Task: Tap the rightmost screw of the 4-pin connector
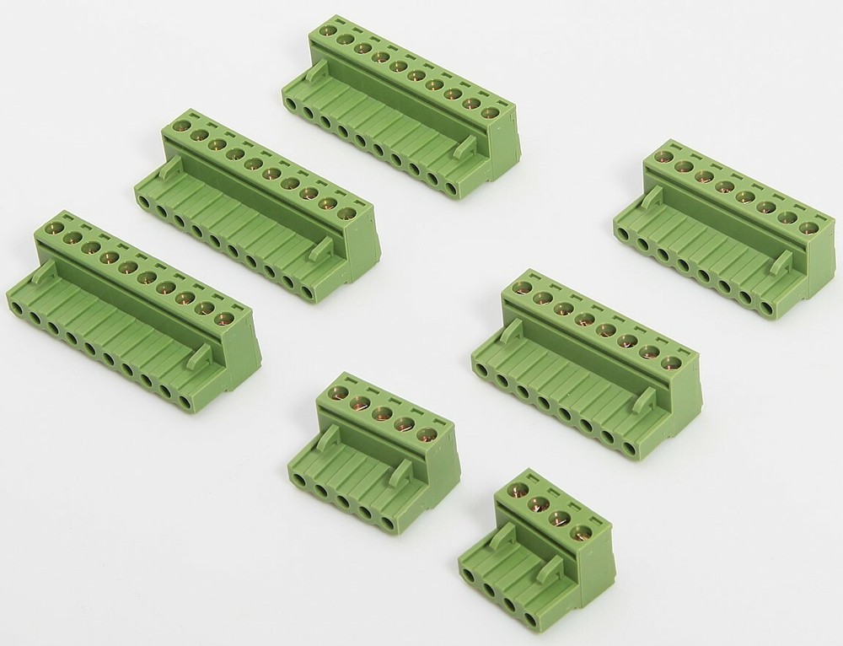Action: [x=579, y=531]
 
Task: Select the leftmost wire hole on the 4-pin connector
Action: [x=470, y=575]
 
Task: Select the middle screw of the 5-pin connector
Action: [x=381, y=412]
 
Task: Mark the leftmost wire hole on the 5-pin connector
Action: [x=298, y=479]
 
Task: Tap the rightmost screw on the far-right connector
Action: [x=808, y=228]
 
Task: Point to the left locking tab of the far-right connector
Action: [x=652, y=197]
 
